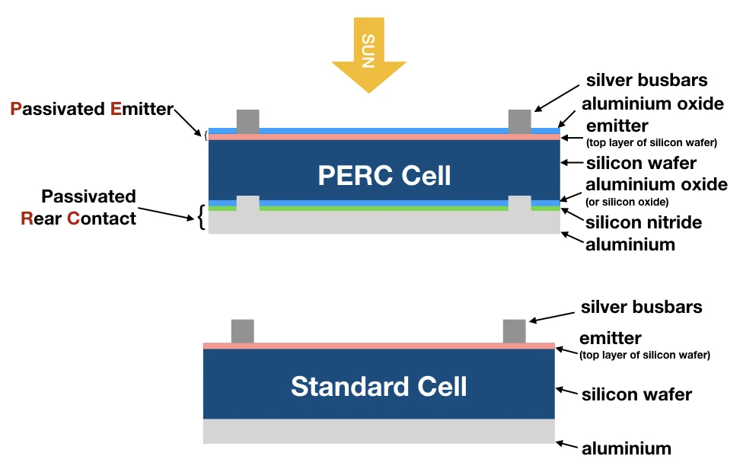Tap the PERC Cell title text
coord(384,176)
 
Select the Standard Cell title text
coord(378,386)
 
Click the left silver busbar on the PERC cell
coord(248,122)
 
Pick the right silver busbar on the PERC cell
coord(520,122)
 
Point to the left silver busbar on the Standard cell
coord(243,331)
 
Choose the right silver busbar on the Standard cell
coord(514,331)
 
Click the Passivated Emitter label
coord(92,109)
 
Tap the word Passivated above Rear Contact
coord(88,196)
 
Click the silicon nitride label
coord(643,222)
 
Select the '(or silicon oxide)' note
coord(627,202)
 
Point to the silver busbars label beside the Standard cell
coord(642,307)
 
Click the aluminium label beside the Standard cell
coord(627,448)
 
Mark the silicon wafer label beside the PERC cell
coord(641,163)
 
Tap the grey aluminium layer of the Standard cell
coord(378,431)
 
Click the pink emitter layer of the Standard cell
coord(378,346)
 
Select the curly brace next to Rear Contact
coord(202,217)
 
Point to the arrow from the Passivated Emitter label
coord(187,123)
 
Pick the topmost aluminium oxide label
coord(652,104)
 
